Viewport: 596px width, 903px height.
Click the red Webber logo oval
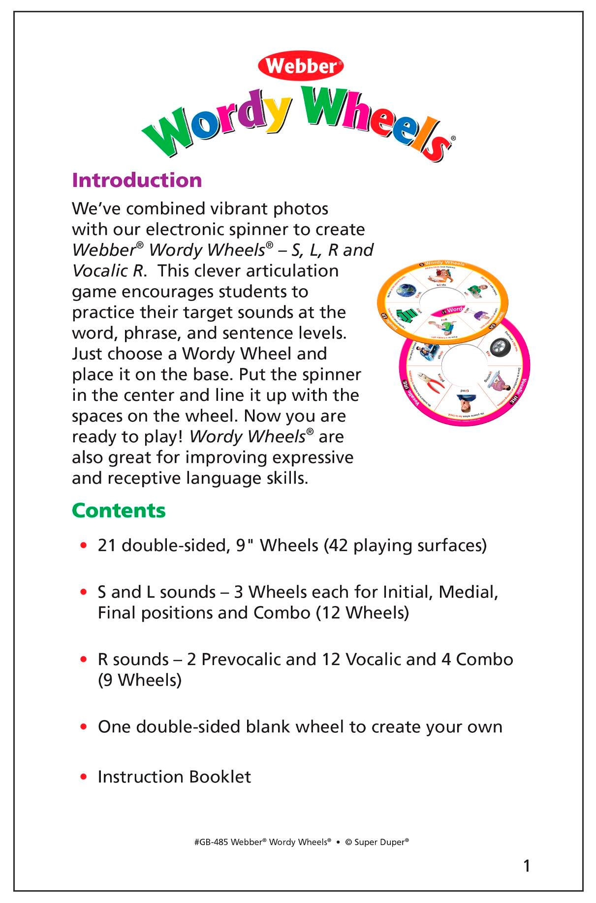click(300, 65)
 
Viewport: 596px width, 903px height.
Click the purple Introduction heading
click(137, 180)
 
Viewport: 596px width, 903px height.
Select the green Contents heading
click(119, 510)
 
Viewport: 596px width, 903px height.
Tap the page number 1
click(527, 866)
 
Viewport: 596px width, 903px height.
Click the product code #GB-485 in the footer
click(211, 842)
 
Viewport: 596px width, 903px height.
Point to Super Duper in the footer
click(379, 842)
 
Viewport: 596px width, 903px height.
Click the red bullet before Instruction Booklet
click(84, 777)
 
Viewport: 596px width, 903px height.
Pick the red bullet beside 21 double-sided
click(84, 545)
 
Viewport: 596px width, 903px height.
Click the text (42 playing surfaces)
click(405, 545)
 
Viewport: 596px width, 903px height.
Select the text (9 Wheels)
click(140, 680)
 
